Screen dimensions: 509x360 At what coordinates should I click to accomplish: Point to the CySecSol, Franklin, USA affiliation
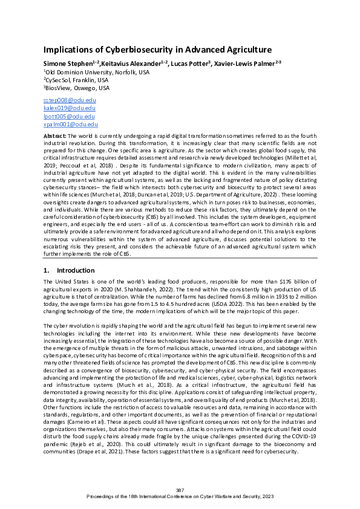tap(76, 80)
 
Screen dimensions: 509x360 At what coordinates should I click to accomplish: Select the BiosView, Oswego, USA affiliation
tap(74, 88)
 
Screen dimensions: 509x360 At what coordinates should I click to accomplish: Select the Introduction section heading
tap(76, 270)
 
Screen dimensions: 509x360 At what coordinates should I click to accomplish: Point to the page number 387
tap(180, 490)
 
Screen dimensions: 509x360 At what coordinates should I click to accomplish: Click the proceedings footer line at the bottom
tap(180, 496)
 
